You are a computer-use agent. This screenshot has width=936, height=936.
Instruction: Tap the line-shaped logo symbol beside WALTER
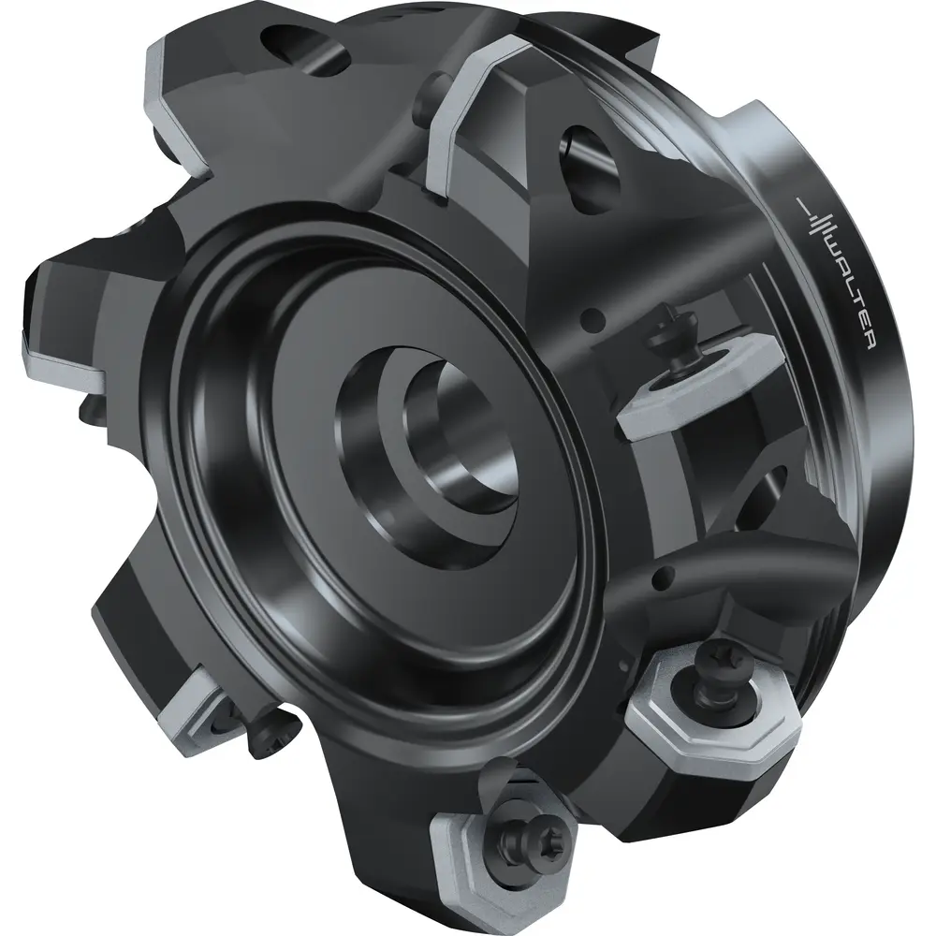816,222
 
